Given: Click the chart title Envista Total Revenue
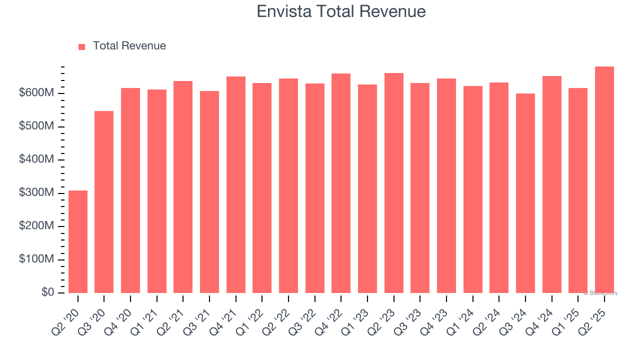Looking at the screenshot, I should click(341, 11).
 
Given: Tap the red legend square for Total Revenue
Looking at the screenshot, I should click(82, 46).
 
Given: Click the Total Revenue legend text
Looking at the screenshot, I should click(129, 46).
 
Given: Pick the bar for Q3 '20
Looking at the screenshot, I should click(104, 202).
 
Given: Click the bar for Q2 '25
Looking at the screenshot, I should click(604, 179).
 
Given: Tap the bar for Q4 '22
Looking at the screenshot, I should click(341, 183).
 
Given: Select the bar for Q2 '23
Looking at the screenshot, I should click(393, 183).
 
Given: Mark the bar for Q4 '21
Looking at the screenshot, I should click(235, 184).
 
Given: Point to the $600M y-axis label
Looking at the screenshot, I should click(36, 93).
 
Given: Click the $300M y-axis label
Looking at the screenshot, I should click(36, 193).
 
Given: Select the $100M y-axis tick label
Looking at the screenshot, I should click(36, 259).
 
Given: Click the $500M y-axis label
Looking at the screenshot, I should click(36, 126).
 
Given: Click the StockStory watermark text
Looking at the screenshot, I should click(600, 293).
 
